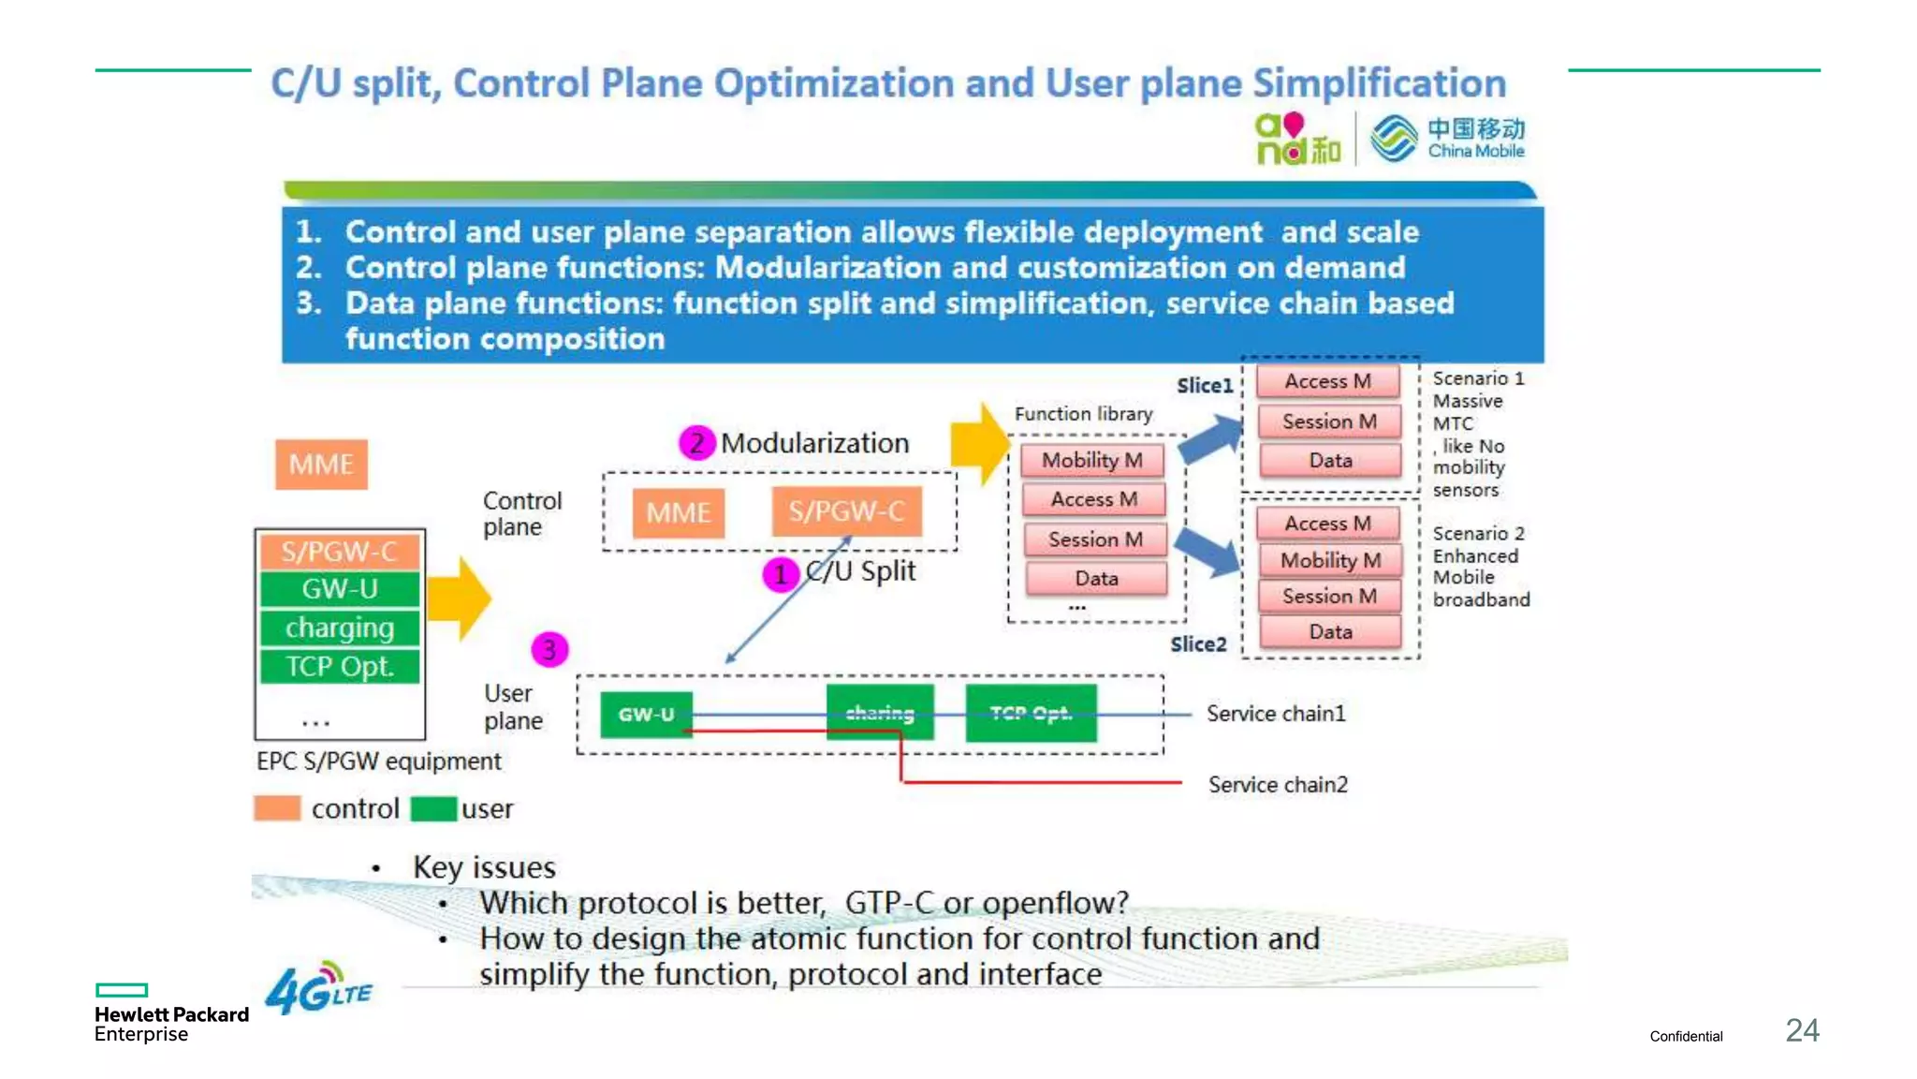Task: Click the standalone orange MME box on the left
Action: (x=321, y=465)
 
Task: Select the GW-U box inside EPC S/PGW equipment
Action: (x=340, y=589)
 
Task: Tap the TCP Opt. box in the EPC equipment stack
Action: (x=340, y=667)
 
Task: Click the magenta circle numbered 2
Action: (x=696, y=443)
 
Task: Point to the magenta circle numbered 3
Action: (x=549, y=649)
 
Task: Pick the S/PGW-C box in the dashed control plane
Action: (x=846, y=511)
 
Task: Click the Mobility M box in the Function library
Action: (x=1092, y=460)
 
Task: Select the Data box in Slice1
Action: (x=1330, y=461)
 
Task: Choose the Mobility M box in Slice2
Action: (x=1330, y=560)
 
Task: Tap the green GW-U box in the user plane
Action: (x=646, y=715)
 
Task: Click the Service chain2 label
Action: (x=1278, y=785)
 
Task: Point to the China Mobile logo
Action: (x=1447, y=139)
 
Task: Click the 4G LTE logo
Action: (x=318, y=989)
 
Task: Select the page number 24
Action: (x=1802, y=1031)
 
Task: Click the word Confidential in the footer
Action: (x=1686, y=1036)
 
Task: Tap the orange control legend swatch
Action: (x=277, y=808)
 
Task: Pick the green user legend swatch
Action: (x=433, y=808)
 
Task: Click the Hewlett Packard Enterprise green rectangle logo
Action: (x=122, y=990)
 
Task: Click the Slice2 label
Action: (x=1198, y=644)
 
